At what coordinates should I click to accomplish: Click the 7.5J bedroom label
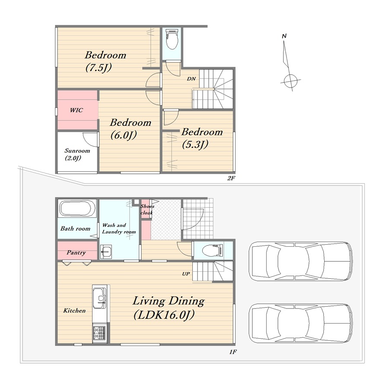point(105,61)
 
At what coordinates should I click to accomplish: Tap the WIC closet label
point(77,110)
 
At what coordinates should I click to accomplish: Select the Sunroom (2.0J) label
point(77,154)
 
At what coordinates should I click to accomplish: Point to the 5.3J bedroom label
point(202,138)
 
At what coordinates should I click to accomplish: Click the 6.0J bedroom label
point(130,129)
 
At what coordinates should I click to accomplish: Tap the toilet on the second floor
point(172,39)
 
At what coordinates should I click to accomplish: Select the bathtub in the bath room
point(77,209)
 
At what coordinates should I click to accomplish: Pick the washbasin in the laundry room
point(106,252)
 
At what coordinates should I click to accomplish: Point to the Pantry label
point(76,253)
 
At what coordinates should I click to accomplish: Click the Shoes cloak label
point(147,209)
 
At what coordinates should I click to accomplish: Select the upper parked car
point(300,261)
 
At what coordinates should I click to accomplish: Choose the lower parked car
point(300,323)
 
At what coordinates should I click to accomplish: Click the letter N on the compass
point(284,36)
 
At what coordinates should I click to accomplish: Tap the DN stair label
point(191,79)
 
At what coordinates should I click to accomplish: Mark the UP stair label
point(186,274)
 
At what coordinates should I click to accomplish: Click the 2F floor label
point(231,178)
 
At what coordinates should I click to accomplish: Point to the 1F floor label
point(233,352)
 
